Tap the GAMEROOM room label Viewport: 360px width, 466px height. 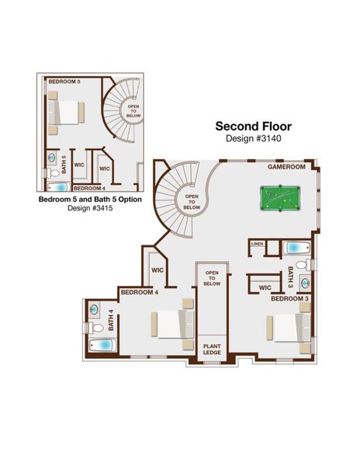287,166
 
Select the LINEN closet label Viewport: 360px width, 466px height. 258,247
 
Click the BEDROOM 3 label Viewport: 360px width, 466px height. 289,298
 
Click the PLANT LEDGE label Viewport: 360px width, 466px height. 212,349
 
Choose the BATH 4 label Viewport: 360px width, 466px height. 111,320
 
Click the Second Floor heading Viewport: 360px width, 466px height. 254,126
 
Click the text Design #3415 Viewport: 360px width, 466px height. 89,207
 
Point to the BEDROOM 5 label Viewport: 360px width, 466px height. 64,81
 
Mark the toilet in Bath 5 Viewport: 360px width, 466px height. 51,163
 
